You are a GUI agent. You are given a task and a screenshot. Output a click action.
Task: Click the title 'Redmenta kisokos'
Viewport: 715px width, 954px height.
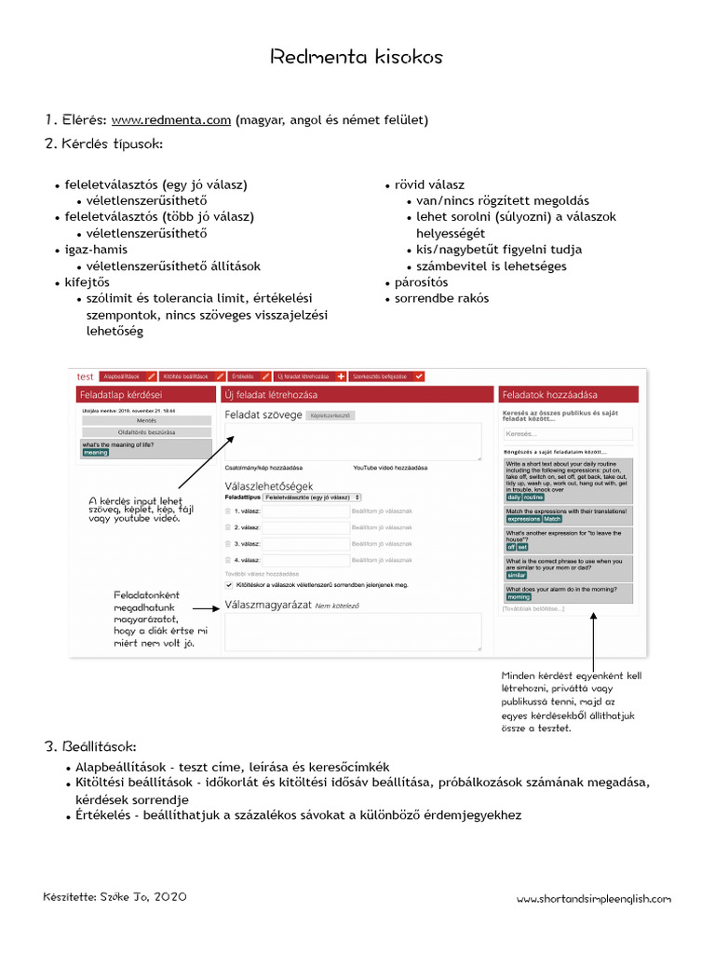point(357,58)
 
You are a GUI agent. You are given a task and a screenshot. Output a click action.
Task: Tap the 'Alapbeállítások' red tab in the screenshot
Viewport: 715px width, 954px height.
point(126,376)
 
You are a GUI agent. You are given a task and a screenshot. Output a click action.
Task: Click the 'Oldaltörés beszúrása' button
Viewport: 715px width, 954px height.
point(146,432)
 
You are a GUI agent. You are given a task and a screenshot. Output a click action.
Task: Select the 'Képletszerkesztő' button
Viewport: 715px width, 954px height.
point(331,416)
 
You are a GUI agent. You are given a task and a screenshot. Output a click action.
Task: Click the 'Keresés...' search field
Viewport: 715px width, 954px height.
point(567,434)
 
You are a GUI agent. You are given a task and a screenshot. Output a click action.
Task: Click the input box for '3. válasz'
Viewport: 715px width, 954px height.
point(306,543)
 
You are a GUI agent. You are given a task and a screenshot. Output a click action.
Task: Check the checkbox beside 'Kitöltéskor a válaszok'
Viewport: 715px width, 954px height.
point(230,585)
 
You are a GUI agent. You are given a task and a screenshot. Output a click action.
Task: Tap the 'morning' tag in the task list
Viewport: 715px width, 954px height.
point(519,597)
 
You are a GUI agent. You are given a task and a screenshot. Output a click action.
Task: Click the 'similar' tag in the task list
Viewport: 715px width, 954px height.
point(517,576)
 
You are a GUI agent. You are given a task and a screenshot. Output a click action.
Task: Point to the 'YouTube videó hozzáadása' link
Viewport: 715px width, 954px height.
point(389,467)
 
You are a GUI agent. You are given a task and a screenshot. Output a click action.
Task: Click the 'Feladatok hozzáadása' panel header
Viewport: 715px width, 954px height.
point(567,395)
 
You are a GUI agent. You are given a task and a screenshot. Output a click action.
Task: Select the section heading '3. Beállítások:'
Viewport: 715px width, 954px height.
point(90,747)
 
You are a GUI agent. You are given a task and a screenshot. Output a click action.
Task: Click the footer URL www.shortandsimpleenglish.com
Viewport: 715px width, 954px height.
point(593,899)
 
